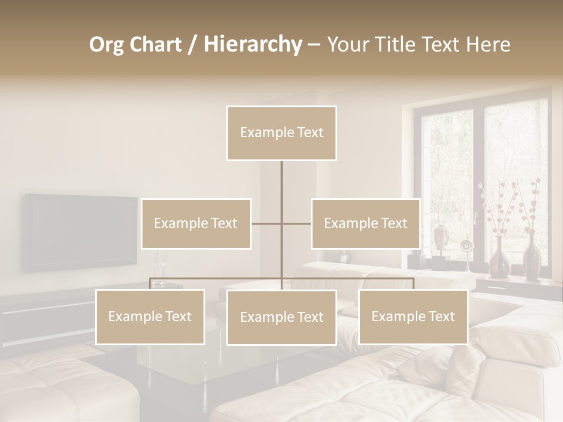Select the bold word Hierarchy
coord(253,45)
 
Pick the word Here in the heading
coord(488,45)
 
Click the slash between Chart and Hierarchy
coord(192,45)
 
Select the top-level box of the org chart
coord(281,133)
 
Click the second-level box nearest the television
coord(196,223)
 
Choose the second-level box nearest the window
coord(365,223)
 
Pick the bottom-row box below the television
coord(150,316)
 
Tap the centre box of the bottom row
coord(281,317)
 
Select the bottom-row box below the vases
coord(413,316)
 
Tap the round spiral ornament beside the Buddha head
coord(466,246)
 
